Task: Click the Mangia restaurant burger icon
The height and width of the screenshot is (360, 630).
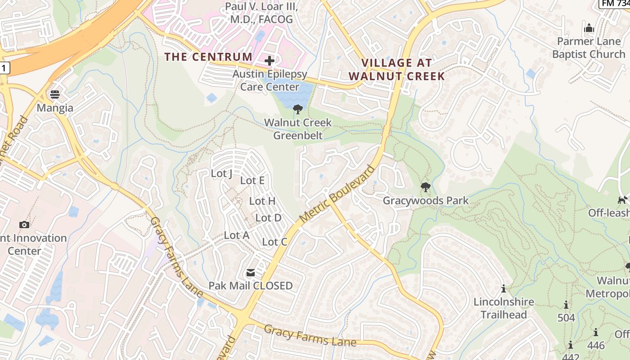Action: click(55, 94)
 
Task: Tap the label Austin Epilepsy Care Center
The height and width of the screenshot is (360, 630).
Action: click(270, 80)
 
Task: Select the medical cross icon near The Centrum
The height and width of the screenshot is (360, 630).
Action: click(270, 61)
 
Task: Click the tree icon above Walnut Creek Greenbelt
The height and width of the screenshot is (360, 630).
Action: click(297, 108)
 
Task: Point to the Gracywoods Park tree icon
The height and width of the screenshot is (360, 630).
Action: click(425, 187)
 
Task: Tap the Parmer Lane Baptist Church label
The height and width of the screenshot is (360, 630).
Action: click(589, 48)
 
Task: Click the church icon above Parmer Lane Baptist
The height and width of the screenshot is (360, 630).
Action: click(589, 28)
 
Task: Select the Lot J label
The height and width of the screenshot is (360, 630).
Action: click(221, 173)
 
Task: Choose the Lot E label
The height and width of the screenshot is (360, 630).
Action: click(252, 180)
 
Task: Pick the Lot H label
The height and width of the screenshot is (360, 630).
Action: click(262, 201)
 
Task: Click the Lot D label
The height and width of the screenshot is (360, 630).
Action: click(268, 218)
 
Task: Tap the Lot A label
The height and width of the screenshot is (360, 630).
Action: click(236, 235)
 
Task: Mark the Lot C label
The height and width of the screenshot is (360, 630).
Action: click(274, 242)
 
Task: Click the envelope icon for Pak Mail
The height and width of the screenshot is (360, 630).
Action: click(250, 272)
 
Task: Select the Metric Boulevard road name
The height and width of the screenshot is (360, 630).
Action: click(337, 194)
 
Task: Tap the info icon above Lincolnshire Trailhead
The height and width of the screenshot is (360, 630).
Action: click(504, 288)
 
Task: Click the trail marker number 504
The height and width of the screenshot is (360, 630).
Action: click(566, 318)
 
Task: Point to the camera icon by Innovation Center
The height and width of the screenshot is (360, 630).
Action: click(24, 225)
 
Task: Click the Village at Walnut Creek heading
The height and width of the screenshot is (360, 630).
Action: click(397, 69)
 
